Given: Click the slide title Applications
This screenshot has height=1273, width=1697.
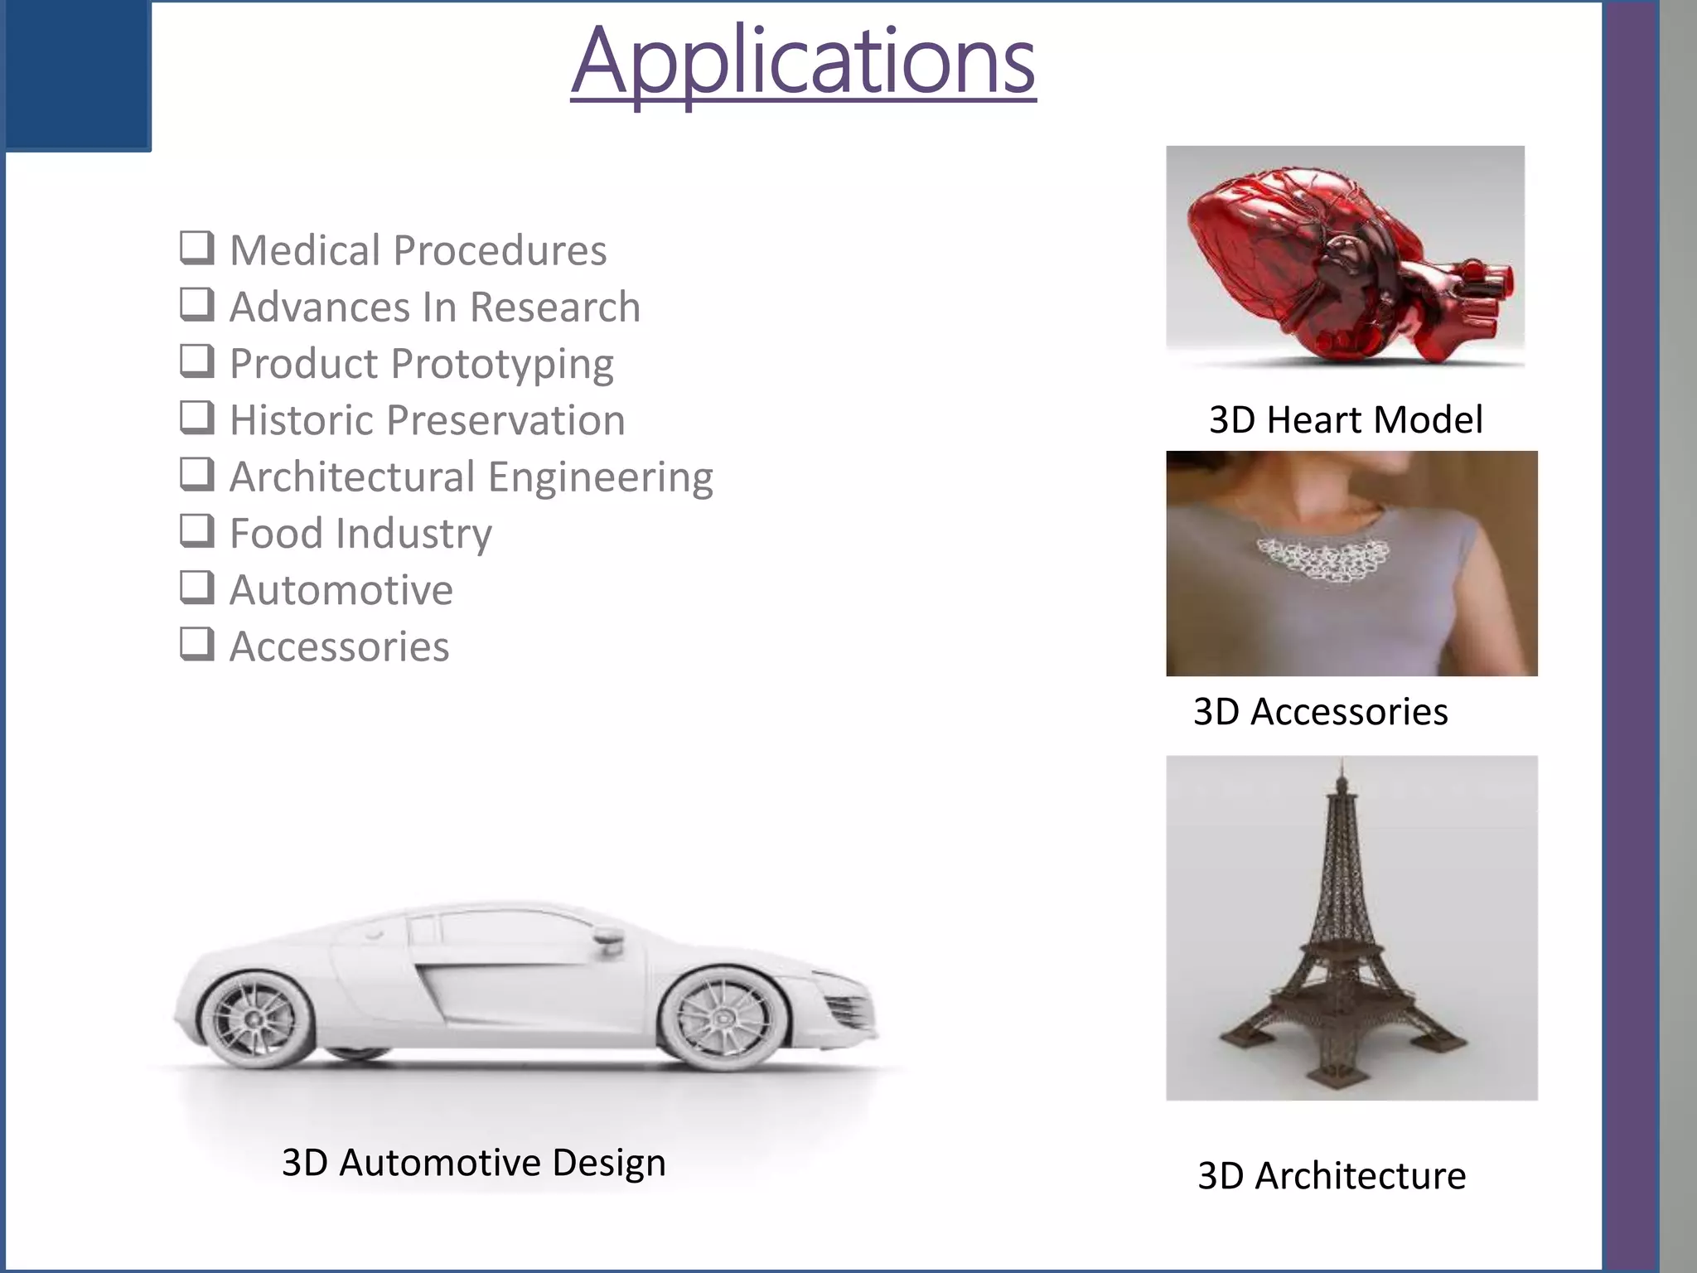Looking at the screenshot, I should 803,62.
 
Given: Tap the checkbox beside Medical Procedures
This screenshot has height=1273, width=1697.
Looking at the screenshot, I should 197,248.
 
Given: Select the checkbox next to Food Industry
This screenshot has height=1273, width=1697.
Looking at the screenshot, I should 197,530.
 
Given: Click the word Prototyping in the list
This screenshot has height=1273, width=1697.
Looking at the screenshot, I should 503,365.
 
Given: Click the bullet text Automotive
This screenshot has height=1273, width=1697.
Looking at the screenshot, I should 341,590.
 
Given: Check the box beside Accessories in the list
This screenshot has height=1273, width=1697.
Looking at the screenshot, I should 197,644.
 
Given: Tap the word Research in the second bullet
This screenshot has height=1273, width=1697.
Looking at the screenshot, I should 555,307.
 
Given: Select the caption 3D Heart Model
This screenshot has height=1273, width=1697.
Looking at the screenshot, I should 1346,419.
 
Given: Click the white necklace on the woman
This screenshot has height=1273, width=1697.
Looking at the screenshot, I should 1323,558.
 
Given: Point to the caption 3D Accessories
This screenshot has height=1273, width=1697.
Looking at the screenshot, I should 1321,711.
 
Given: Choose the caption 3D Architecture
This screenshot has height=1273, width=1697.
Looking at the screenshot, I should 1332,1175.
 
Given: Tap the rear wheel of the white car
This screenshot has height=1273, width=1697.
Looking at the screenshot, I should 254,1019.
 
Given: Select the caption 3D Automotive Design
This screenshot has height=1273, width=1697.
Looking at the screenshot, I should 473,1162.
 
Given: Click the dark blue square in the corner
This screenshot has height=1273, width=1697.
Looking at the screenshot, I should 77,75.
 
